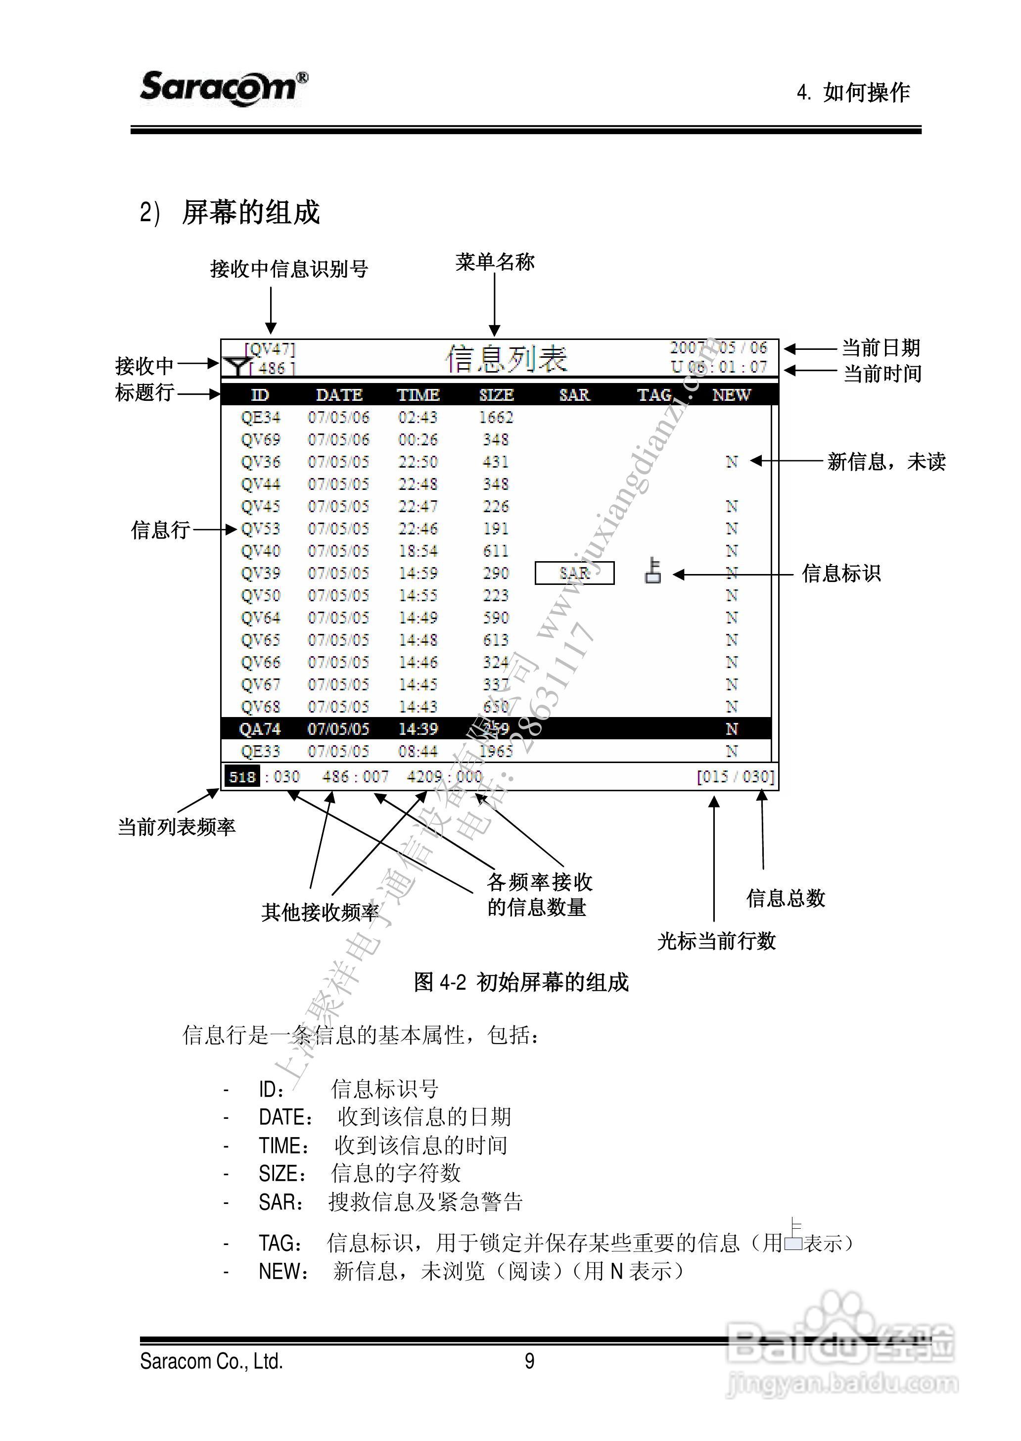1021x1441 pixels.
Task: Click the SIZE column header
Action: click(x=496, y=395)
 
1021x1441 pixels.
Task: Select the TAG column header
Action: click(x=654, y=395)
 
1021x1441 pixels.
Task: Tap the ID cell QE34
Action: click(x=260, y=417)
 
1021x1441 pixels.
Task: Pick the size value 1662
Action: click(x=496, y=417)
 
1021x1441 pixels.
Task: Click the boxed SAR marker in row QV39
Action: click(x=574, y=573)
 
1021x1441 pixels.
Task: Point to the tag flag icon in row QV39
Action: click(x=653, y=571)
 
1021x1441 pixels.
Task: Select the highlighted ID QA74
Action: click(x=260, y=729)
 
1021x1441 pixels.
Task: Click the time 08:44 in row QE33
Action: click(x=418, y=751)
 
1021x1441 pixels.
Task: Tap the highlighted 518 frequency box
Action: click(x=242, y=777)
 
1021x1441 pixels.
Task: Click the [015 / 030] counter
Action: click(x=736, y=777)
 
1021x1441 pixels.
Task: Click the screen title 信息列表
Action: click(x=506, y=359)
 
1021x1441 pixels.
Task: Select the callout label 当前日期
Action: click(x=881, y=348)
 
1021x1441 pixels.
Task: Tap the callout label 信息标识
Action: click(x=841, y=574)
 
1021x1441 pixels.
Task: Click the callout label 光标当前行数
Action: click(x=716, y=942)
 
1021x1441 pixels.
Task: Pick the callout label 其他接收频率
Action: click(x=320, y=912)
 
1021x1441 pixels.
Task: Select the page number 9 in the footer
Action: click(x=529, y=1362)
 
